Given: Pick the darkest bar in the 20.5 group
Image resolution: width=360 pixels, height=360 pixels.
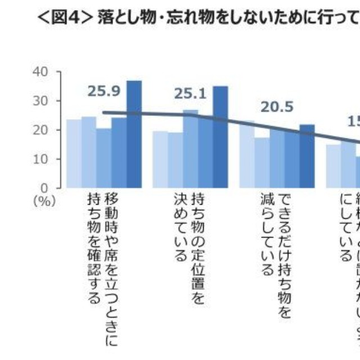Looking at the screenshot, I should click(x=307, y=156).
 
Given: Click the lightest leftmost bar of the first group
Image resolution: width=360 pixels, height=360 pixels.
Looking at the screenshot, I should click(x=74, y=154).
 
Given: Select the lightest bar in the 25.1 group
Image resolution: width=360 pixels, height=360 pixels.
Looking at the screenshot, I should click(x=160, y=159).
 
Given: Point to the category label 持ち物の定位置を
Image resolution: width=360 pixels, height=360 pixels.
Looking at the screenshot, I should click(x=198, y=241).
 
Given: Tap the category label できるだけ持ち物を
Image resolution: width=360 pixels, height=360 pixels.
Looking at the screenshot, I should click(x=285, y=256).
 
